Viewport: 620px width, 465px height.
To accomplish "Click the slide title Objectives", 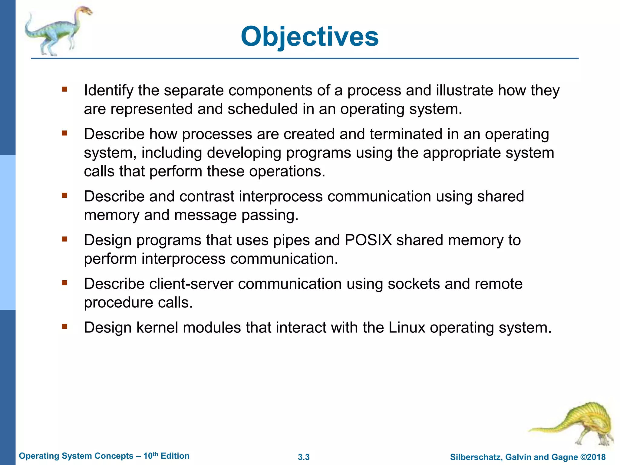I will pyautogui.click(x=309, y=37).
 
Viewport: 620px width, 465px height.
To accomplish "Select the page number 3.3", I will pyautogui.click(x=304, y=457).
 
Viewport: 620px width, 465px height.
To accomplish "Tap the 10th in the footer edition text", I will pyautogui.click(x=150, y=456).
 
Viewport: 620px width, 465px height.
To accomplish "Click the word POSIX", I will pyautogui.click(x=368, y=240).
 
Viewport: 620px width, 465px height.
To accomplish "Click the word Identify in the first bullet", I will pyautogui.click(x=108, y=91).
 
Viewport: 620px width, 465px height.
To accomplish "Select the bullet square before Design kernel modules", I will pyautogui.click(x=64, y=327).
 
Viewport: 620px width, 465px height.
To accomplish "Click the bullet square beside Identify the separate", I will pyautogui.click(x=64, y=89).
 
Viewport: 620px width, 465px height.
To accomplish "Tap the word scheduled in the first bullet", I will pyautogui.click(x=262, y=109).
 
